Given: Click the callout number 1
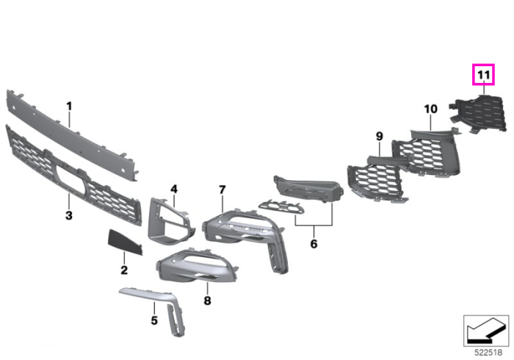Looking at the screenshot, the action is pyautogui.click(x=69, y=107).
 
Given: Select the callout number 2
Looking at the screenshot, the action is pyautogui.click(x=124, y=270).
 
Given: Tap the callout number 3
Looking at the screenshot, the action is pyautogui.click(x=69, y=216).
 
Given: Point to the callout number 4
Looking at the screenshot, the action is pyautogui.click(x=174, y=189).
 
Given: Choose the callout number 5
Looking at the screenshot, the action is pyautogui.click(x=154, y=320).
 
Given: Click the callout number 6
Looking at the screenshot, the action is pyautogui.click(x=314, y=244).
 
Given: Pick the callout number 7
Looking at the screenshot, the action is pyautogui.click(x=222, y=190).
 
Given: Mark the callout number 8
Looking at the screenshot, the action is pyautogui.click(x=207, y=300).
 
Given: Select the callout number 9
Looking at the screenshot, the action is pyautogui.click(x=380, y=136).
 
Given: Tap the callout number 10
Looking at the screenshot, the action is pyautogui.click(x=430, y=109).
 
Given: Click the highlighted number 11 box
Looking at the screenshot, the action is pyautogui.click(x=483, y=75).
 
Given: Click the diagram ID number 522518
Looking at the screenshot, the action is pyautogui.click(x=488, y=353).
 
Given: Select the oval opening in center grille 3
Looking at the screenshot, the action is pyautogui.click(x=70, y=177).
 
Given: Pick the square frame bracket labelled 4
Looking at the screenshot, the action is pyautogui.click(x=170, y=221).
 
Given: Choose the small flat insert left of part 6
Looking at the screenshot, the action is pyautogui.click(x=281, y=207).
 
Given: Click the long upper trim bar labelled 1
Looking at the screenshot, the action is pyautogui.click(x=71, y=132).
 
